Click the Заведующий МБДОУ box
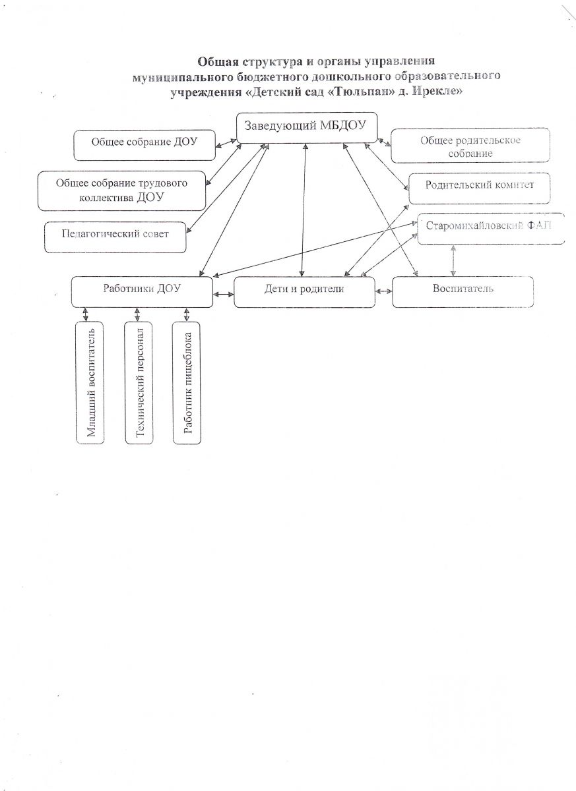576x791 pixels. click(306, 127)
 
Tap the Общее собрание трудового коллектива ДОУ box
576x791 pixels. click(122, 190)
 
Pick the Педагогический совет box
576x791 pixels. click(115, 236)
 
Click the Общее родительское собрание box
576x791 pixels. click(470, 146)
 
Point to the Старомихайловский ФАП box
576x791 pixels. click(491, 229)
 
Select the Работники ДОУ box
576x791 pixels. click(142, 291)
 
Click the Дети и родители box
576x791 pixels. click(304, 292)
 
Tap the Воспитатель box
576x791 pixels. click(463, 292)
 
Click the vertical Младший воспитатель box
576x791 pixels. click(90, 383)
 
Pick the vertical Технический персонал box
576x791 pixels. click(139, 383)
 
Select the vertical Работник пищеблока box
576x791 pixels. click(187, 383)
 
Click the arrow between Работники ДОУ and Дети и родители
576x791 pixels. click(224, 293)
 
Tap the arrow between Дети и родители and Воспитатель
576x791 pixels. click(383, 291)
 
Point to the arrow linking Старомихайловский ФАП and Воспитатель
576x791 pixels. click(453, 260)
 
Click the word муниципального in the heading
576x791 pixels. click(174, 76)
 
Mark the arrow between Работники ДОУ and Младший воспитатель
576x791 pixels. click(85, 314)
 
